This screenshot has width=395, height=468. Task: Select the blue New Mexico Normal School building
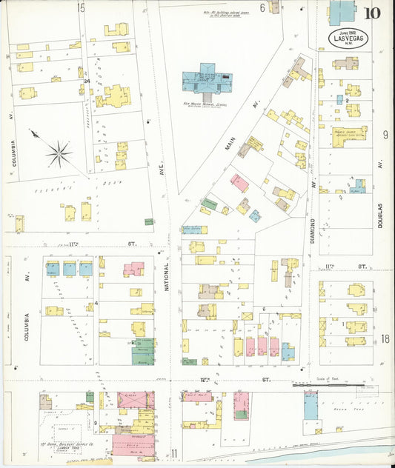208,76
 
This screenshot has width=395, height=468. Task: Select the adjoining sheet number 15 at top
80,8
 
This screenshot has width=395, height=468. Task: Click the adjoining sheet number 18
385,339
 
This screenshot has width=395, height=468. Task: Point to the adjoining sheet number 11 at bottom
175,453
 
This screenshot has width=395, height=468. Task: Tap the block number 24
87,81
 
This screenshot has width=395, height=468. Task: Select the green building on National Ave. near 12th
144,351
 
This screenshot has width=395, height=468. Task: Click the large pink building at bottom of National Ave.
133,444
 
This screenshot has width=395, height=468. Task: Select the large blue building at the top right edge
342,13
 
